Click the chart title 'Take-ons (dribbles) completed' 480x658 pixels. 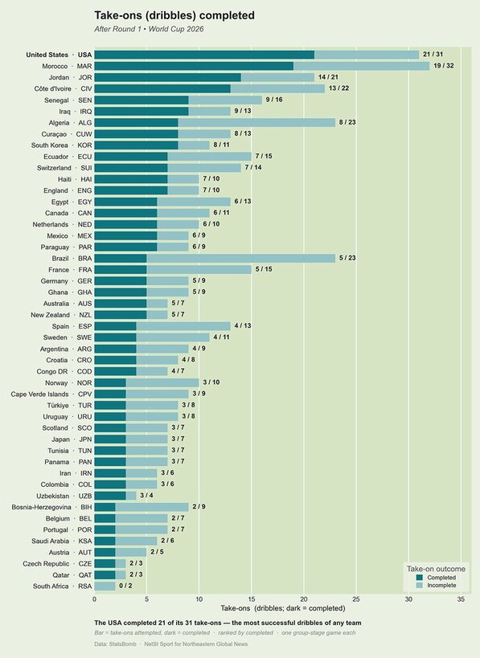coord(174,15)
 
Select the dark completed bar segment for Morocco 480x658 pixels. coord(194,66)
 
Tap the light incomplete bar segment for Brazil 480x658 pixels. coord(241,258)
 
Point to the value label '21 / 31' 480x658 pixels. coord(433,54)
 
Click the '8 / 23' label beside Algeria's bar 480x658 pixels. coord(347,122)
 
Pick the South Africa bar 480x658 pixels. coord(105,586)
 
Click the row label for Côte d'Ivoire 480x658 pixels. coord(63,88)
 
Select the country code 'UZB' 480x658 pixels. coord(85,496)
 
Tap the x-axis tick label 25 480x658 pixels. coord(356,599)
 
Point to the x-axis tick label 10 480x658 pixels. coord(199,599)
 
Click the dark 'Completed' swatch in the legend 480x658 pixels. coord(420,578)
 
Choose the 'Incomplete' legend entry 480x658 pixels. coord(437,585)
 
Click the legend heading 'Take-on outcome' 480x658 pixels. coord(436,569)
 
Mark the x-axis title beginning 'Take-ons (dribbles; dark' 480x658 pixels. coord(283,608)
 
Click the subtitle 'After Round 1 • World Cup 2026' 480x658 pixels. coord(149,29)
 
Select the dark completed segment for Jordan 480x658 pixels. coord(167,77)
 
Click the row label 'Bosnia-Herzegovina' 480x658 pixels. coord(41,507)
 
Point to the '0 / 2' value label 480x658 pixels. coord(125,586)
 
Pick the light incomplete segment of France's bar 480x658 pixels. coord(199,269)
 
